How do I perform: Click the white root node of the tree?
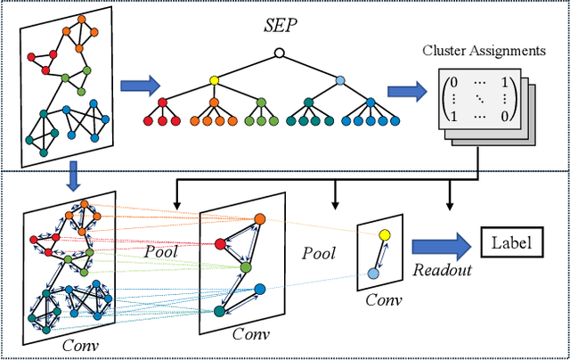click(x=279, y=53)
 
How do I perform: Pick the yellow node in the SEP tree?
click(x=214, y=80)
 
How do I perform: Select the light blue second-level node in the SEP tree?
click(x=340, y=80)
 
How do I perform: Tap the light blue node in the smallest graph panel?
click(x=372, y=272)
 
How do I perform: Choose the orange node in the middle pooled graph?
click(x=259, y=219)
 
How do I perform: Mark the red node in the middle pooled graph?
click(x=219, y=243)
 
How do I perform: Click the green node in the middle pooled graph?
click(x=246, y=266)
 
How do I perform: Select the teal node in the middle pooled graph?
click(x=219, y=311)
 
